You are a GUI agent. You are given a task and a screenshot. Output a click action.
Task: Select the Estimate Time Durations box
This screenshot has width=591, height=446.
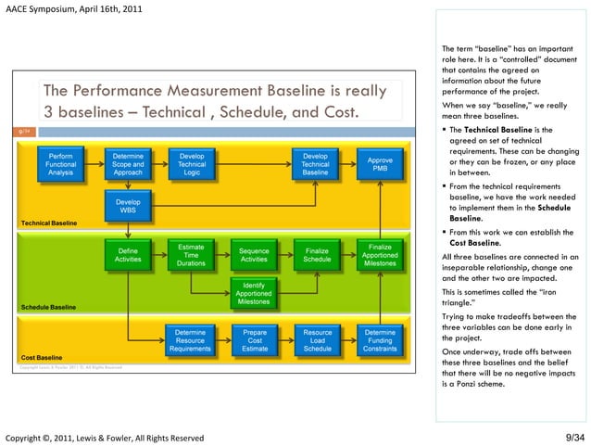(x=192, y=255)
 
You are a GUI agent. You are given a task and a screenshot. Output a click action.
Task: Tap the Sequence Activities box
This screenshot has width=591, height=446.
(x=254, y=255)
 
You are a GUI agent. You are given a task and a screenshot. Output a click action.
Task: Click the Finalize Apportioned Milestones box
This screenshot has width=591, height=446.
(x=380, y=255)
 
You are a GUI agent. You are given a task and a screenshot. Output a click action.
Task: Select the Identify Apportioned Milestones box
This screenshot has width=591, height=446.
(x=254, y=291)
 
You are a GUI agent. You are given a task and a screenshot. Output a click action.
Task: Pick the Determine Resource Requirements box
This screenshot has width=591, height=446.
(x=192, y=340)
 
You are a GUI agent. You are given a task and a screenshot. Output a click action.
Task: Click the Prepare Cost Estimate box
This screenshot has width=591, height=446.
(x=254, y=340)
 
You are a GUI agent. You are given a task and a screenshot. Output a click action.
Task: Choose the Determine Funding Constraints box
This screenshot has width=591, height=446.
(x=380, y=340)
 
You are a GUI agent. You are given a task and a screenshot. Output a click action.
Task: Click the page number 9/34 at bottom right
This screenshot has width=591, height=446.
(x=574, y=437)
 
